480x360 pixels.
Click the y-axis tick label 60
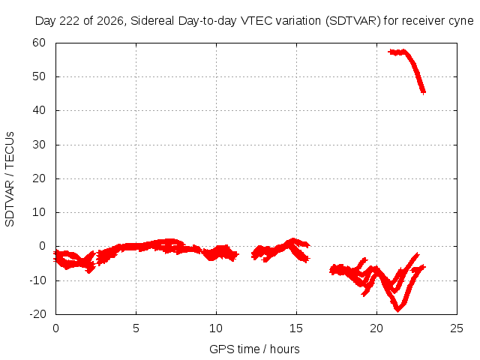39,43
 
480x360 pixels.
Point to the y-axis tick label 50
39,76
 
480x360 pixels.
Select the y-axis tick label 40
39,110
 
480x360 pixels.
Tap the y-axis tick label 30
39,145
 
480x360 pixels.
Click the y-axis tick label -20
37,314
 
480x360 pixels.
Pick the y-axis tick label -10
37,280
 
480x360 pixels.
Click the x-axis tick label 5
136,328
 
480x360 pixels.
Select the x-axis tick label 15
296,328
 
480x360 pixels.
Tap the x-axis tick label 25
457,328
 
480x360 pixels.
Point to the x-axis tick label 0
55,328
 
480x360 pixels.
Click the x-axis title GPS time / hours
254,349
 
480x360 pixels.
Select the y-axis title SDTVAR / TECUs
10,179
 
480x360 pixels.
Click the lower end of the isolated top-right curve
423,91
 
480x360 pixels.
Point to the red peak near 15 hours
293,240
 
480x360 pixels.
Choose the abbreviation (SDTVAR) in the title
353,21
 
